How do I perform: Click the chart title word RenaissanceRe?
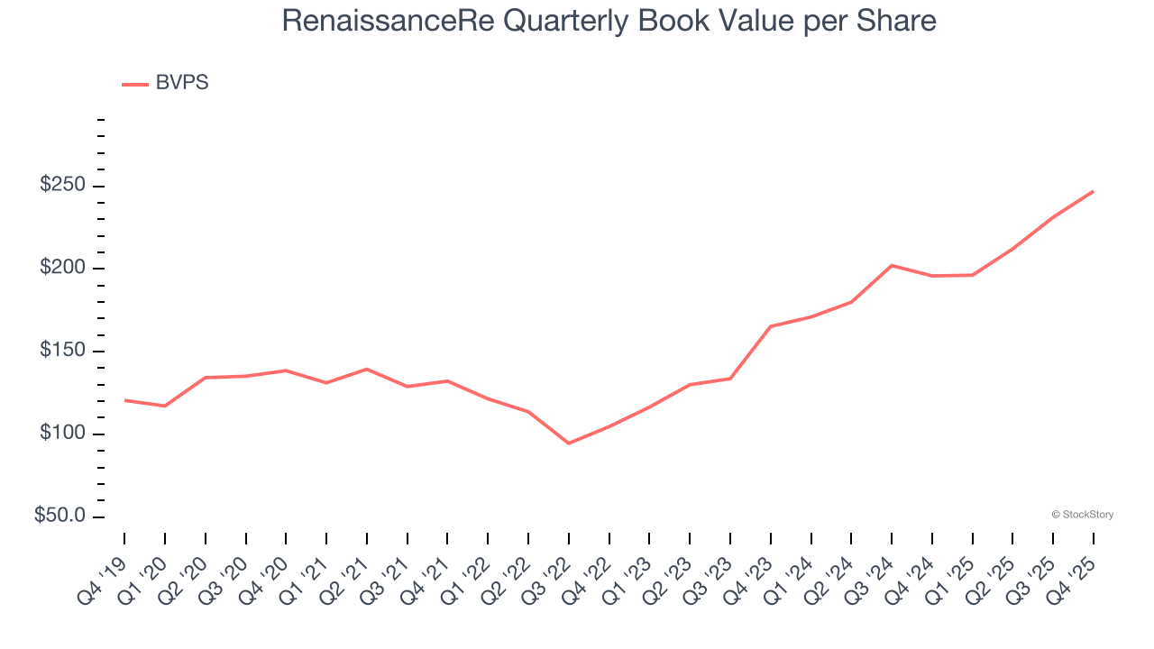pyautogui.click(x=389, y=21)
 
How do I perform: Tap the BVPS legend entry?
pyautogui.click(x=181, y=83)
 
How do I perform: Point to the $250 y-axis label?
pyautogui.click(x=62, y=186)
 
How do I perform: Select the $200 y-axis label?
pyautogui.click(x=62, y=269)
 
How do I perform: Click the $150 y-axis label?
pyautogui.click(x=62, y=352)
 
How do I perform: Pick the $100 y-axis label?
pyautogui.click(x=62, y=434)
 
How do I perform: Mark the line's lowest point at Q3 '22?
pyautogui.click(x=569, y=443)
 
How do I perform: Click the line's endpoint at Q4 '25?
pyautogui.click(x=1094, y=191)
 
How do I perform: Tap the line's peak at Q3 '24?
pyautogui.click(x=892, y=265)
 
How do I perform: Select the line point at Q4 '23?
pyautogui.click(x=771, y=326)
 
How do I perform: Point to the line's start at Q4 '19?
pyautogui.click(x=124, y=400)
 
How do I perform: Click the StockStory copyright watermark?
pyautogui.click(x=1082, y=515)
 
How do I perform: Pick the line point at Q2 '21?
pyautogui.click(x=367, y=369)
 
